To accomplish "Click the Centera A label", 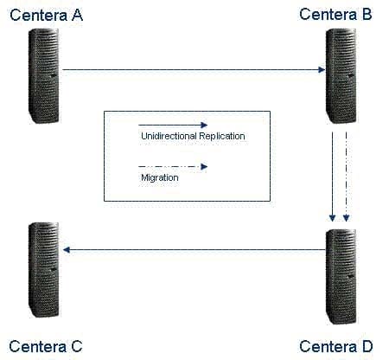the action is [46, 16].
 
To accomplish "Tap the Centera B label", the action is [335, 15].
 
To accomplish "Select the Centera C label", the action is [46, 346].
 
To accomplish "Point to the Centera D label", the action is [336, 346].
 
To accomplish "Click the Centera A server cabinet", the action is [44, 76].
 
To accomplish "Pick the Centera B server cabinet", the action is [341, 76].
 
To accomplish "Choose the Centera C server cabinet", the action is [44, 270].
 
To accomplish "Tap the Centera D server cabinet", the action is [341, 277].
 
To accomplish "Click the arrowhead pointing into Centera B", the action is [322, 69].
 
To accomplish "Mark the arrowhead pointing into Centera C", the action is [67, 250].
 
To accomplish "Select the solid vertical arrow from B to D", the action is [333, 177].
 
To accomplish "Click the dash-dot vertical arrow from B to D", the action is [346, 177].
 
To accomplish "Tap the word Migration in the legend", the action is [160, 178].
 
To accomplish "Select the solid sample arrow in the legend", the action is [173, 125].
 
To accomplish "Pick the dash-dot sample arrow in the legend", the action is [173, 166].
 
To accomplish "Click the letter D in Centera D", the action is [367, 346].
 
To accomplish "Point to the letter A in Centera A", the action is [78, 16].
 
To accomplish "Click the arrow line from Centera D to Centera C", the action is [194, 250].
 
